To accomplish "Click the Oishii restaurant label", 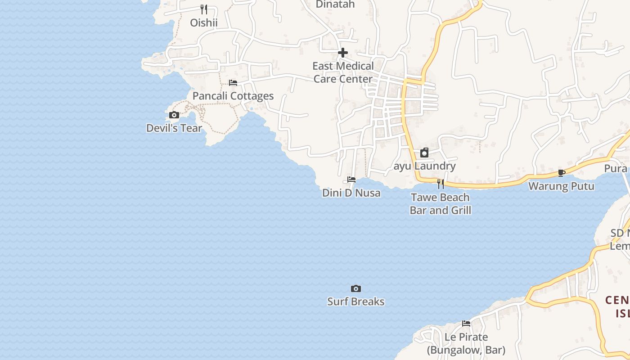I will coord(203,22).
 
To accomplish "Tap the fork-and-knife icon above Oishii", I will coord(203,9).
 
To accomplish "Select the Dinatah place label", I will coord(335,4).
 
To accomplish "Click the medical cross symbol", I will coord(343,53).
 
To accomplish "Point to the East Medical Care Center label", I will coord(343,72).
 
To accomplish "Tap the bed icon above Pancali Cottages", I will coord(233,83).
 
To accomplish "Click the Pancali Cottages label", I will coord(233,96).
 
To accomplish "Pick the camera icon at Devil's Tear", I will coord(174,115).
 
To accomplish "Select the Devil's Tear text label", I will coord(174,128).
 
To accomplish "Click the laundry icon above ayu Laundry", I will coord(424,153).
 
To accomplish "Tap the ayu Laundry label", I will coord(425,166).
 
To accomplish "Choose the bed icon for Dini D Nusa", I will coord(351,180).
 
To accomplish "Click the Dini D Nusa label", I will coord(351,193).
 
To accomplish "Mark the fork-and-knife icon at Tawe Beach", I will coord(441,184).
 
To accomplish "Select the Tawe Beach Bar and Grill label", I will coord(441,204).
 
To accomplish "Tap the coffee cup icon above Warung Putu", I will coord(561,173).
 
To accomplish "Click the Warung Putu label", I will coord(561,186).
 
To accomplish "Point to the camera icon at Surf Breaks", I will coord(356,288).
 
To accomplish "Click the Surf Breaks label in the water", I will coord(356,301).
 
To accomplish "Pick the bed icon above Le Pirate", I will coord(466,324).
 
